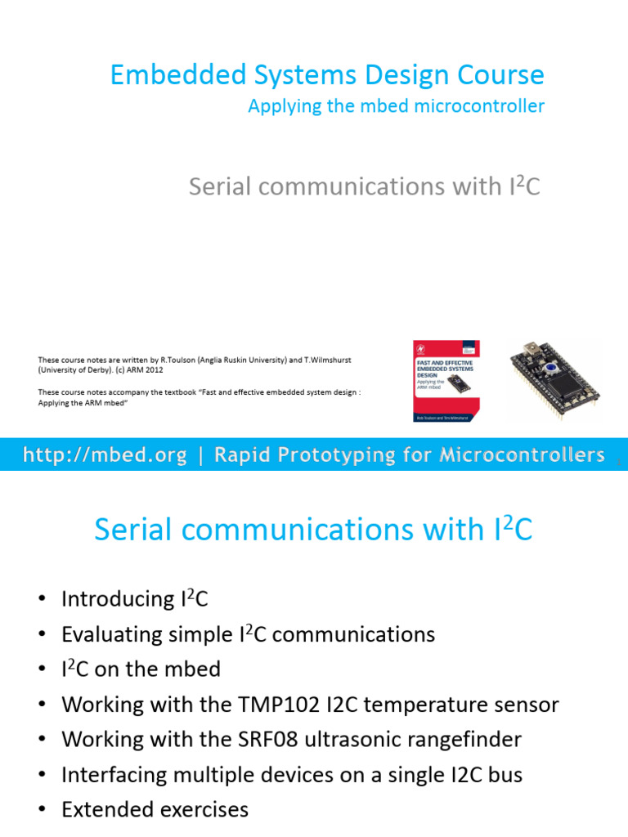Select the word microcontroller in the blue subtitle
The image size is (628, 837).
[x=480, y=106]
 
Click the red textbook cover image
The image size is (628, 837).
[x=444, y=381]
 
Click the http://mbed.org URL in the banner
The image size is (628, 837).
[x=105, y=455]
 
